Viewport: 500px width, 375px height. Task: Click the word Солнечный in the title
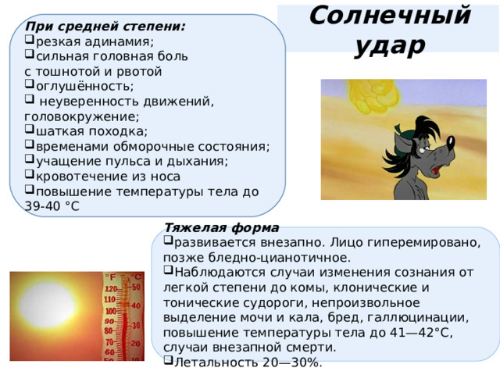(388, 16)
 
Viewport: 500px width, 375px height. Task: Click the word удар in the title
(388, 45)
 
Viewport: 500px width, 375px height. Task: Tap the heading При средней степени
(105, 26)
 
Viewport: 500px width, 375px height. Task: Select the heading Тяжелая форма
(221, 228)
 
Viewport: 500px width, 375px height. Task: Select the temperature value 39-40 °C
(52, 205)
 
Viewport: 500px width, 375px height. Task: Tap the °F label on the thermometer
(111, 276)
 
